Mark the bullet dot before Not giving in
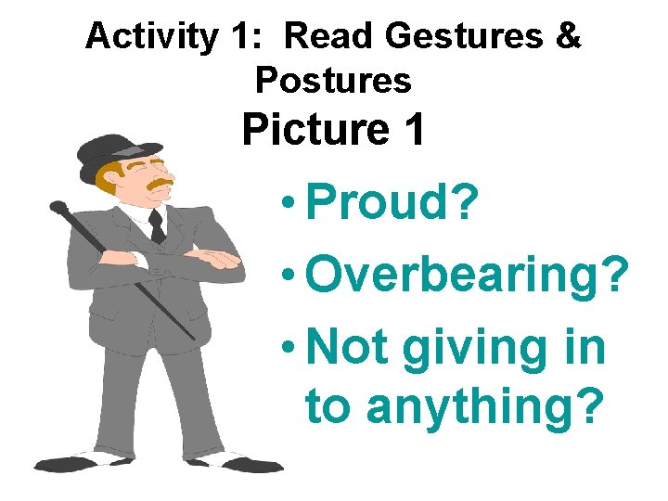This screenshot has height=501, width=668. [x=290, y=346]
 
